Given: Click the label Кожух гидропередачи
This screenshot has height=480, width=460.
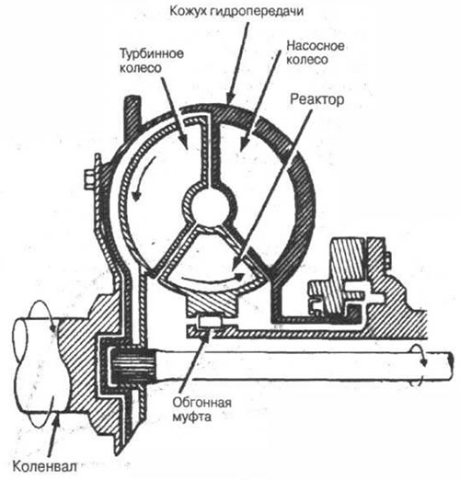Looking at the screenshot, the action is point(236,11).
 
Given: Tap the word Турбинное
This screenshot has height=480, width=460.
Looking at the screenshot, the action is point(152,53).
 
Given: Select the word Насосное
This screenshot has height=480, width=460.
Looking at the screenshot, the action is point(316,46).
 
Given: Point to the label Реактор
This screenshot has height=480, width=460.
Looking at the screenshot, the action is point(317,99).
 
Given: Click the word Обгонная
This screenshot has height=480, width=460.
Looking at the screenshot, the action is point(201,402).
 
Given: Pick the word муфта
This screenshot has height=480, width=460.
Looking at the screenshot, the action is point(192,417).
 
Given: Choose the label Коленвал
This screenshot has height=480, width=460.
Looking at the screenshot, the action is point(44,466).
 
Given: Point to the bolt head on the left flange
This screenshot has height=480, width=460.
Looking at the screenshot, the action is point(89,179).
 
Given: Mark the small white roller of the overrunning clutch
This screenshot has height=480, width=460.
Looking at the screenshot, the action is point(210,322).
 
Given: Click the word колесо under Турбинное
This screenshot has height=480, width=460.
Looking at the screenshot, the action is point(140,68).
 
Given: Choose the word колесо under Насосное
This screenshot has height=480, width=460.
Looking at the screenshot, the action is point(307,60).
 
